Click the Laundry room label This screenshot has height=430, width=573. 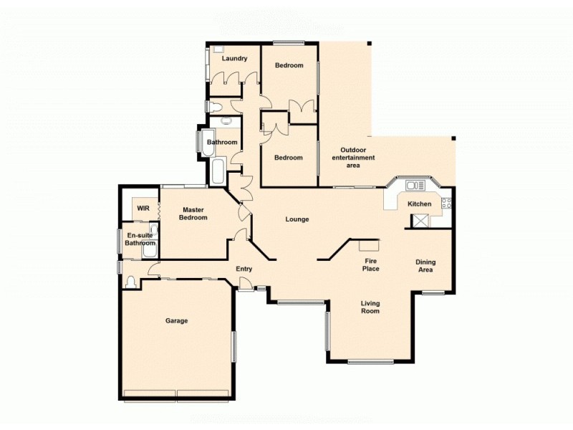(234, 59)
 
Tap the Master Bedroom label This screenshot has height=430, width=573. (193, 213)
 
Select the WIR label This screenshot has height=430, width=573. (143, 209)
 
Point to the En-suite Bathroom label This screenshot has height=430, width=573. (140, 239)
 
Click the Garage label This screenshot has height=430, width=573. (176, 320)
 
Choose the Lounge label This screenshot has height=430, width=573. (297, 219)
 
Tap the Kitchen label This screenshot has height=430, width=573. (420, 204)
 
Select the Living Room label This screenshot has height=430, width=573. (370, 307)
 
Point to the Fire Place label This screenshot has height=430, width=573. (370, 264)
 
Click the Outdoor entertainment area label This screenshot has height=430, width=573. (353, 158)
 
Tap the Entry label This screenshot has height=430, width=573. (244, 269)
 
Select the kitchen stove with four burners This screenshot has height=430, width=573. (446, 203)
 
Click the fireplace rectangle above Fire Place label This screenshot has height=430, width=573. (370, 246)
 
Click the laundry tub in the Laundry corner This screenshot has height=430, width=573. (216, 51)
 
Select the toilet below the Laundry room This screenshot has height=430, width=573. (215, 106)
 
